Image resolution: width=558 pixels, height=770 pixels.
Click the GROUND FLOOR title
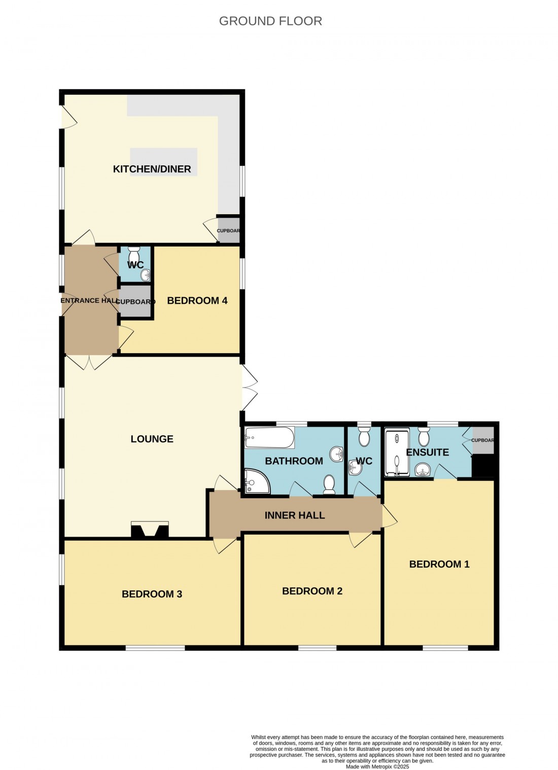pos(270,21)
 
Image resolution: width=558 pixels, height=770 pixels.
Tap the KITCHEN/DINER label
pos(152,169)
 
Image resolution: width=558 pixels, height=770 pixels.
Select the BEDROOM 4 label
pos(197,300)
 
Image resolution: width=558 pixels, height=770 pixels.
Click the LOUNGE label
pos(152,439)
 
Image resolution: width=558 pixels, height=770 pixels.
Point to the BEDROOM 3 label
pos(152,594)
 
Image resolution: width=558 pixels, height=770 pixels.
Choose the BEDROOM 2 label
pos(312,591)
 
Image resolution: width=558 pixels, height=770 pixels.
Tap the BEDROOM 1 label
pos(439,564)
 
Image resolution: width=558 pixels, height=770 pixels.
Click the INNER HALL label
pos(294,515)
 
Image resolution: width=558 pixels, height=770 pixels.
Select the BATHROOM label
pos(294,461)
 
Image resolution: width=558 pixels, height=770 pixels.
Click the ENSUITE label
pos(427,452)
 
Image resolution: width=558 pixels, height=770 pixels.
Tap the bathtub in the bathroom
pos(269,437)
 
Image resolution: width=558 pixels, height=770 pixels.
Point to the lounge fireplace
pos(150,530)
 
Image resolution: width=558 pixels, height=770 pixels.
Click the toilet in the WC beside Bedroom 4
pos(134,253)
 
